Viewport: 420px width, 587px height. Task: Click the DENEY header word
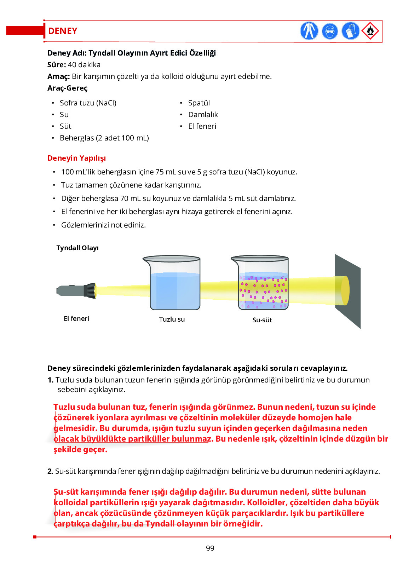coord(63,31)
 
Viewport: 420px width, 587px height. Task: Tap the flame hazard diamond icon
coord(370,31)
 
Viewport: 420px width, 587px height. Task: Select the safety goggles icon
coord(330,31)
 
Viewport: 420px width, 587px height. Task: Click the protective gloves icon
coord(350,31)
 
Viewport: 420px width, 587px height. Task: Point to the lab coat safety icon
coord(309,31)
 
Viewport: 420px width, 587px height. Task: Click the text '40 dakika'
coord(84,65)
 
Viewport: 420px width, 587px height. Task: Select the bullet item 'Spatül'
coord(199,103)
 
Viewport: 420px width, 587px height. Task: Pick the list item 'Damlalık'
coord(203,115)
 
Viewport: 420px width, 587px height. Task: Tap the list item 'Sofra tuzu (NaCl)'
coord(88,103)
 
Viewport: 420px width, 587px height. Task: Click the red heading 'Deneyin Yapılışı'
coord(77,158)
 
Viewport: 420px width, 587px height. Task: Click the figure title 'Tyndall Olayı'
coord(77,248)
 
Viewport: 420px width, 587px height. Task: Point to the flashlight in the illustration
coord(76,290)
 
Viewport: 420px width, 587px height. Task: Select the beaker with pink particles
coord(262,283)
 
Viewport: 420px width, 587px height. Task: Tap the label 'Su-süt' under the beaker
coord(262,320)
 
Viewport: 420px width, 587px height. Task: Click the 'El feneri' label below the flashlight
coord(76,319)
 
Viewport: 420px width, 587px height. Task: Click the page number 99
coord(210,548)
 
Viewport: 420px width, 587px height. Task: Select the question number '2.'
coord(50,471)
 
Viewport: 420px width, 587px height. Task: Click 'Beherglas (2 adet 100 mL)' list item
coord(104,138)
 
